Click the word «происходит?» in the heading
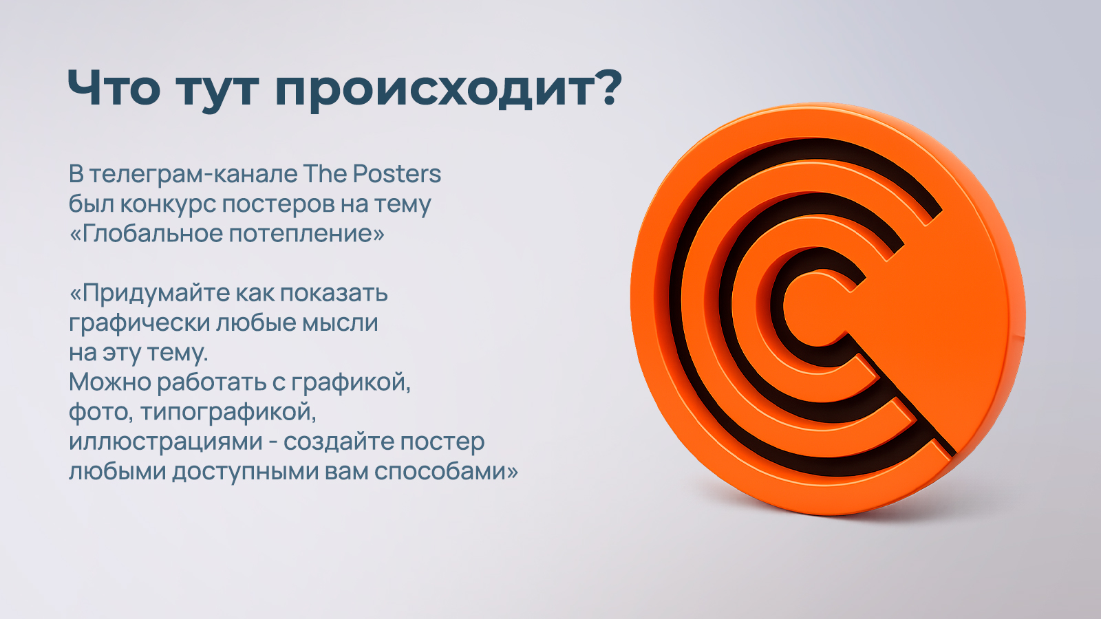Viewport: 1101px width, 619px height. click(448, 89)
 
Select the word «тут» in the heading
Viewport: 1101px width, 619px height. click(217, 89)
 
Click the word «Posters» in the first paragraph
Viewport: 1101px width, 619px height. click(397, 174)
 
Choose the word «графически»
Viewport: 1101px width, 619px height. click(139, 323)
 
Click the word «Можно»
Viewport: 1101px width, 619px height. click(109, 382)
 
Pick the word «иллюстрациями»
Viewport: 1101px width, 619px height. click(165, 442)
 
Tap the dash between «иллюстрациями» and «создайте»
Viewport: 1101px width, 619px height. click(273, 442)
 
